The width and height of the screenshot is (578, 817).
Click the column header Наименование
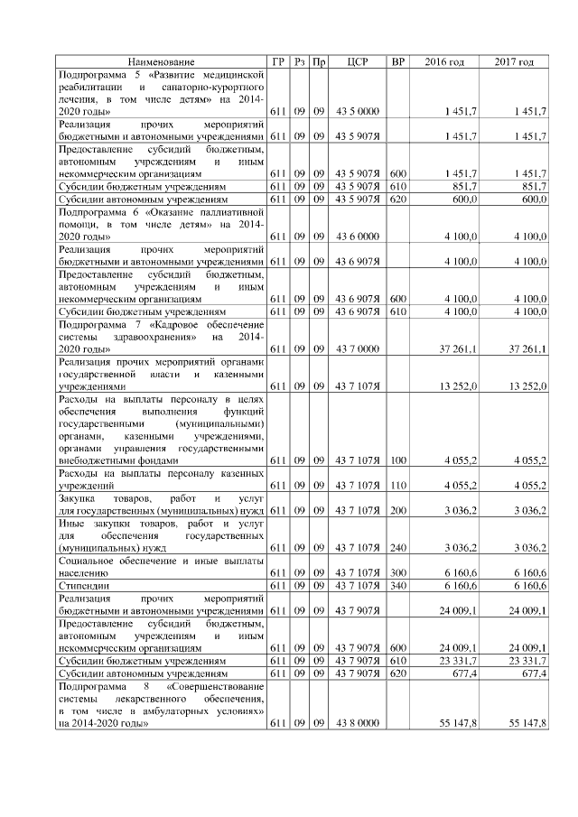160,61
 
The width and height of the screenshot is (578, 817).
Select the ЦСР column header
356,61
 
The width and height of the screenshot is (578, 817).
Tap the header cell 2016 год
444,61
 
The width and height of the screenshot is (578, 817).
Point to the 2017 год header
514,61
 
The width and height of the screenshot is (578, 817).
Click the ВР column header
397,61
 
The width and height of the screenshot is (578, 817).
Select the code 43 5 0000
356,110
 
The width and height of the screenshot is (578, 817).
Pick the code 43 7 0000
356,348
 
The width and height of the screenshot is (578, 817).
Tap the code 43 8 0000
356,724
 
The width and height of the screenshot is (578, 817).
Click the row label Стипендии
79,585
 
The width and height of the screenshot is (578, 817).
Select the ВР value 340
397,585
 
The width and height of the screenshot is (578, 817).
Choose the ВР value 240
397,547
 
